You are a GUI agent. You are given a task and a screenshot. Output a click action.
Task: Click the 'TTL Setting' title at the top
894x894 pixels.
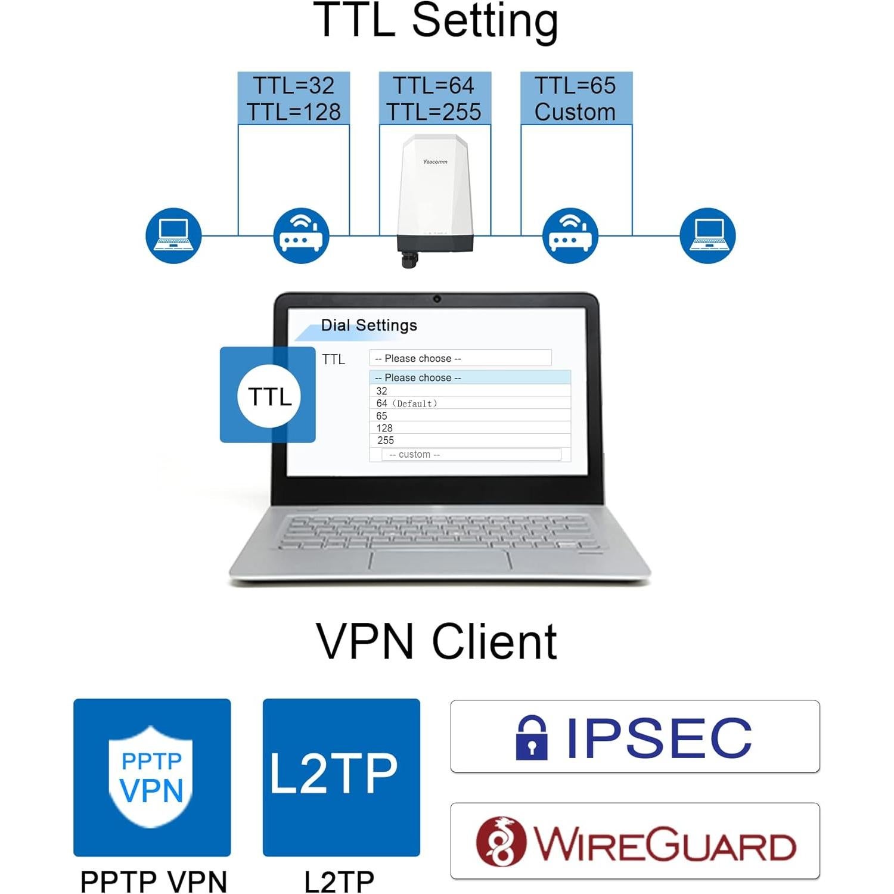point(436,21)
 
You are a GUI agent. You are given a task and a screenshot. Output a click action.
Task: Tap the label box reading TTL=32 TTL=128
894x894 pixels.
point(293,98)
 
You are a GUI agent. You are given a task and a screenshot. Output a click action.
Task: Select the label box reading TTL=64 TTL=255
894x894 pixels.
point(434,98)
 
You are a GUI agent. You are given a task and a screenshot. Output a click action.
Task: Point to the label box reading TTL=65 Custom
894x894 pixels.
point(576,98)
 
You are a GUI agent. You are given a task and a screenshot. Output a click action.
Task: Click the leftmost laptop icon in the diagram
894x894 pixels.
point(173,235)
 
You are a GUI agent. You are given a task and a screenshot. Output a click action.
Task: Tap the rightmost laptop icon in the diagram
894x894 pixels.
point(707,235)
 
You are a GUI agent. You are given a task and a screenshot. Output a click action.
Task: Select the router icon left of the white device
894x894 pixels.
point(301,235)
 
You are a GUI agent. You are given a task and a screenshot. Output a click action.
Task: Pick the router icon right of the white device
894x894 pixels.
point(570,235)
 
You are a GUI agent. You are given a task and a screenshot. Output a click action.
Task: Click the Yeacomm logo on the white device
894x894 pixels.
point(435,162)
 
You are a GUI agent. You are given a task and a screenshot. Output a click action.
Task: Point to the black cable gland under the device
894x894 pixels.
point(409,260)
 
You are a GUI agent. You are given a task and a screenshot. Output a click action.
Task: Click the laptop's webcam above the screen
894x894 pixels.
point(437,299)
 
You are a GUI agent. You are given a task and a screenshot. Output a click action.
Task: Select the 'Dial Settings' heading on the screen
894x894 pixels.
point(369,325)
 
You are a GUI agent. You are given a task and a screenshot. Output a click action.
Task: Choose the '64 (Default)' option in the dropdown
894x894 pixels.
point(407,403)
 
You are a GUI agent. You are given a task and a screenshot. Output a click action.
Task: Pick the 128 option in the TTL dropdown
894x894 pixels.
point(384,428)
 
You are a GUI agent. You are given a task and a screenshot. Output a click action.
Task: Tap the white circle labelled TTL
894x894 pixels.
point(269,396)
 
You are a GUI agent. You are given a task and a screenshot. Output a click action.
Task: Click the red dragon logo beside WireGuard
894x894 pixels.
point(501,842)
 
